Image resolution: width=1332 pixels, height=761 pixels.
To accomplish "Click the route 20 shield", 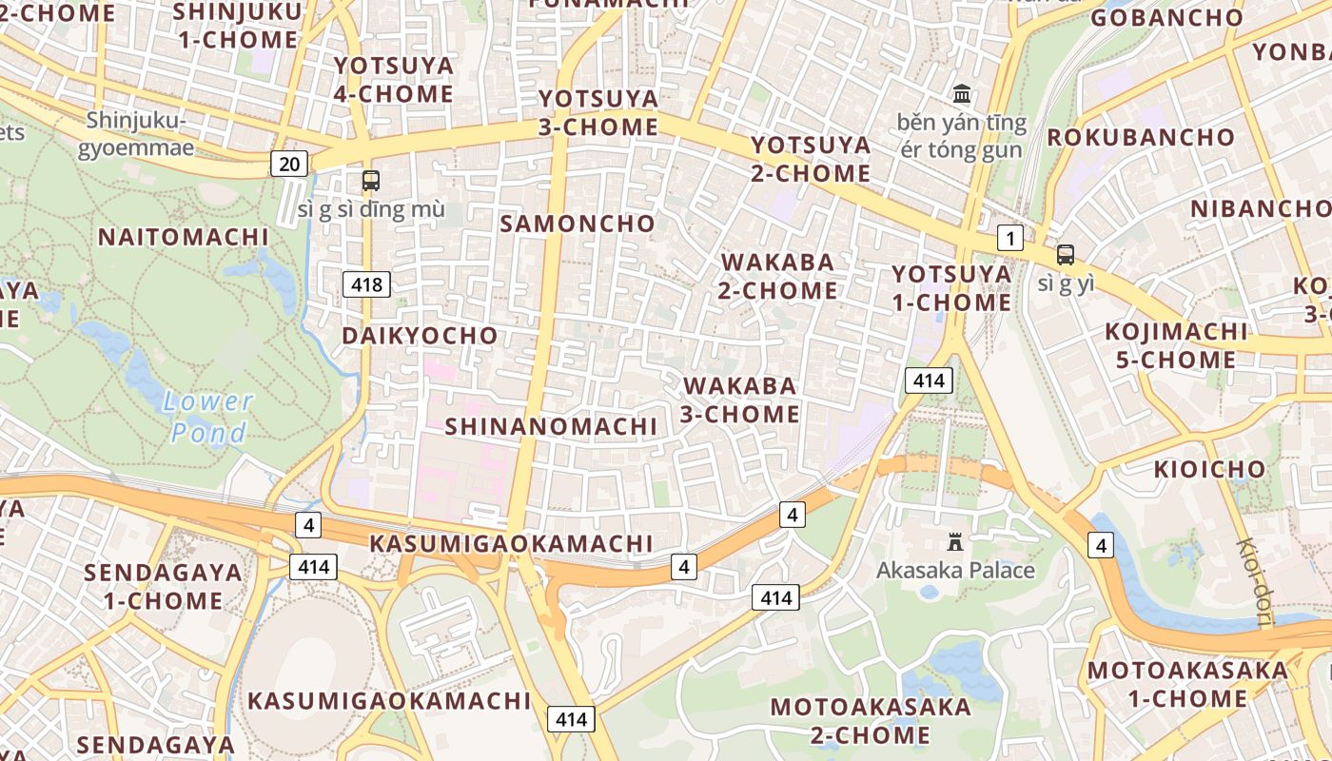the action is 289,164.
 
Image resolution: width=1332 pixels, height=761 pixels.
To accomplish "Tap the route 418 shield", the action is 366,283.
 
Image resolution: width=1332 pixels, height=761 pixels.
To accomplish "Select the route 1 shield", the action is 1010,238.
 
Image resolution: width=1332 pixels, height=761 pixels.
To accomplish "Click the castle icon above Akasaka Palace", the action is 955,542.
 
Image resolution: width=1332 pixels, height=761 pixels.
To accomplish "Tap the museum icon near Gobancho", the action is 962,94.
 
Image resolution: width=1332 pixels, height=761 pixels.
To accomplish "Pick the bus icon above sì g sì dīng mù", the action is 370,180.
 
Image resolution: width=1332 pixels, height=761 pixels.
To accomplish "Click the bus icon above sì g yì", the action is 1065,255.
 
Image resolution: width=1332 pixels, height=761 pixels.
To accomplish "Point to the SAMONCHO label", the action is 578,224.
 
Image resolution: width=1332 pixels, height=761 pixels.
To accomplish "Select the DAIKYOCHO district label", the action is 420,336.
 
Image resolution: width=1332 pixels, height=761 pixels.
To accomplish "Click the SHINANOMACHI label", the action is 551,426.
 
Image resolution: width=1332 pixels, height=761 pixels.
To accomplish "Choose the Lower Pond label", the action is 208,417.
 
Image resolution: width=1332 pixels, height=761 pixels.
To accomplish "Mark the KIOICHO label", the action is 1209,469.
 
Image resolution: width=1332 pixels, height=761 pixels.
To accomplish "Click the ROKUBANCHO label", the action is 1141,137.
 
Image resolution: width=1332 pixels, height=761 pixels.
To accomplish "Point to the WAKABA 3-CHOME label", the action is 740,400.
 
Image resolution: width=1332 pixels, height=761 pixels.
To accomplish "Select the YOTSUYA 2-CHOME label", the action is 811,159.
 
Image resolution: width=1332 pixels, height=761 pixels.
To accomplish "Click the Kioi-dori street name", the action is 1255,582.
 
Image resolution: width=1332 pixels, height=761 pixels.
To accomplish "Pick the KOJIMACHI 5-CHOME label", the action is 1175,345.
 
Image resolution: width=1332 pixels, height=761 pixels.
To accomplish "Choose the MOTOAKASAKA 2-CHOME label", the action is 871,720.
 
